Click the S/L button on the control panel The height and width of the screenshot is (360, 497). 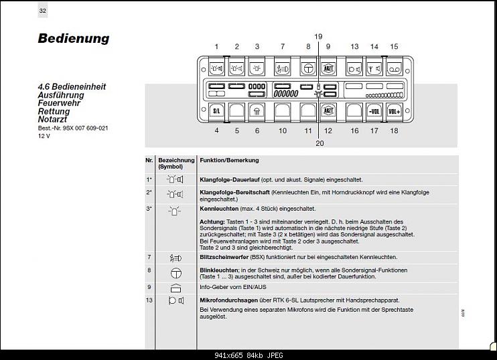click(x=216, y=111)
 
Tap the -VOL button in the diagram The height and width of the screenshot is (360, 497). click(x=374, y=111)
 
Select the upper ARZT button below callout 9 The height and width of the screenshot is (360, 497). click(x=328, y=68)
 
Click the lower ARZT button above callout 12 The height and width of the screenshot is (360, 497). click(x=328, y=111)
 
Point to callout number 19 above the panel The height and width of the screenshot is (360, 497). click(x=318, y=36)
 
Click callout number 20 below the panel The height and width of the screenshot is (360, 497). click(x=319, y=143)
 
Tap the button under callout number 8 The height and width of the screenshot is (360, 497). click(x=308, y=68)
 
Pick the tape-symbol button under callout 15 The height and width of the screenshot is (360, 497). click(x=394, y=68)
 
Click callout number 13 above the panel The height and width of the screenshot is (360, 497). click(x=354, y=47)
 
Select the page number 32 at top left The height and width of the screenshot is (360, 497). click(x=43, y=11)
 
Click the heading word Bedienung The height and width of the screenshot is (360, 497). click(x=73, y=38)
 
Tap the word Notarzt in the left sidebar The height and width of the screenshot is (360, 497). click(x=54, y=120)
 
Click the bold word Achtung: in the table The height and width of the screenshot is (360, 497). click(x=212, y=221)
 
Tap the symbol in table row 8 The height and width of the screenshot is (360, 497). click(x=175, y=272)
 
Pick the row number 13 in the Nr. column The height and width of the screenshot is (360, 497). click(x=149, y=300)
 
